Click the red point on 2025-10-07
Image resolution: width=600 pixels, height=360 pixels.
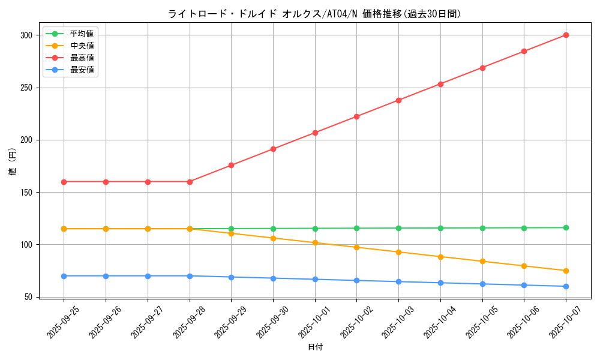click(566, 35)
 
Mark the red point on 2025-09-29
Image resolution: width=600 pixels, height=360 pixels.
click(231, 166)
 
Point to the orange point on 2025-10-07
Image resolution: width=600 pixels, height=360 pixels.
click(566, 271)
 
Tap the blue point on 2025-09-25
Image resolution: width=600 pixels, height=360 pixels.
click(64, 276)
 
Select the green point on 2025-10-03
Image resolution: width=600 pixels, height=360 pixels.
click(398, 228)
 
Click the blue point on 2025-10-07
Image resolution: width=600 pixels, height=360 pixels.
click(566, 286)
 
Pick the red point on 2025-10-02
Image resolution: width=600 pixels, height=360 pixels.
click(356, 116)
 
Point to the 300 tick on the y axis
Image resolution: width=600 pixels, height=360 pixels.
click(26, 35)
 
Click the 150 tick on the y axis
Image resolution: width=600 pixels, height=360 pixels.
click(26, 193)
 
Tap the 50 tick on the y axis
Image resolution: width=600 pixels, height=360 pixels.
click(28, 297)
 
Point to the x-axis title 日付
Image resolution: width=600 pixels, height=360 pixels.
click(315, 347)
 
